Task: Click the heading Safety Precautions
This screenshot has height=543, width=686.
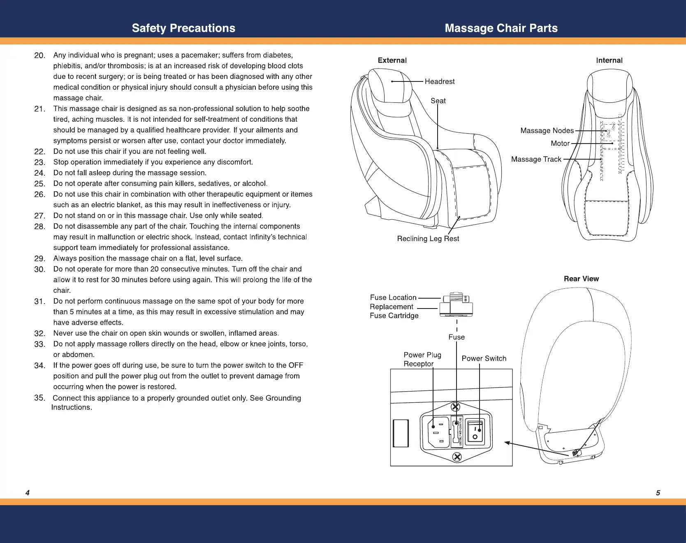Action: pos(183,28)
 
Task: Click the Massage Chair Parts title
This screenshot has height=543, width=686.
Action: pos(501,28)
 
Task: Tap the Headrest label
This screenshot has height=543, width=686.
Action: pos(439,81)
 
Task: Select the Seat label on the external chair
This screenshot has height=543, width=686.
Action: pos(438,101)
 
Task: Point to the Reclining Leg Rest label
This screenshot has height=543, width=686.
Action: pos(428,239)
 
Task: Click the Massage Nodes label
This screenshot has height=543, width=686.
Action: pos(547,130)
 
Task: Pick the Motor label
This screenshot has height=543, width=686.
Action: pos(560,143)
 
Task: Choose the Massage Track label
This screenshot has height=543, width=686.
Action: pos(536,159)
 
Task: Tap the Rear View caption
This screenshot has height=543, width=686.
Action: pos(581,278)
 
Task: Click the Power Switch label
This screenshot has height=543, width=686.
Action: pos(484,358)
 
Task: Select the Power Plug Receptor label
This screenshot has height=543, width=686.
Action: pos(422,359)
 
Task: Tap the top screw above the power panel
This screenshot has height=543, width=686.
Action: pos(456,407)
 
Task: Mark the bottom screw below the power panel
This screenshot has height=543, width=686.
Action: pos(457,457)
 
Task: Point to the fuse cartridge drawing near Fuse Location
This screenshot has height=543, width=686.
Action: pos(456,304)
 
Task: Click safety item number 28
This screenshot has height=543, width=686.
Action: pos(39,227)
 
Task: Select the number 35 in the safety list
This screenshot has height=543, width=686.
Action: pos(39,398)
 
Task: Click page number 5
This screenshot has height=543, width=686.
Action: pos(658,493)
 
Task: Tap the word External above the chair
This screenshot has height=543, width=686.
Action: pos(392,60)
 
